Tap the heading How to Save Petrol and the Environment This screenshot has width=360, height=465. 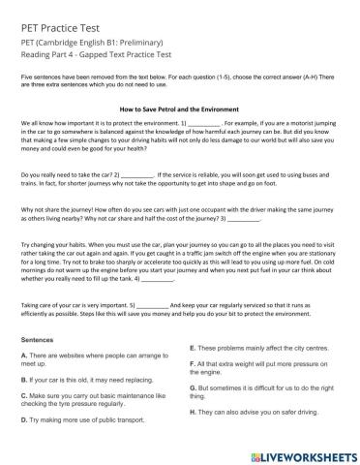click(181, 109)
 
